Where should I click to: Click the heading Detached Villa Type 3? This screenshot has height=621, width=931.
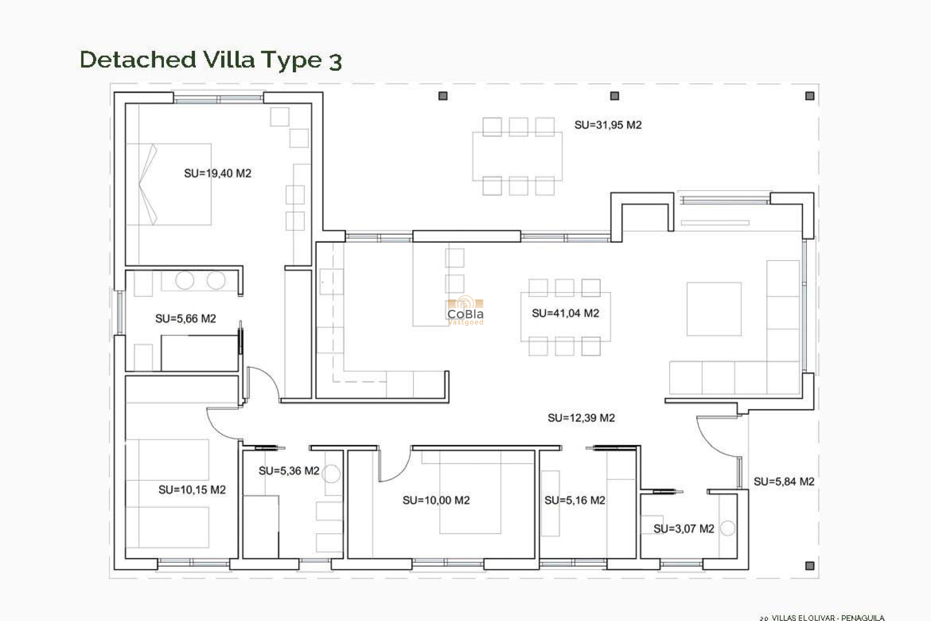[x=211, y=60]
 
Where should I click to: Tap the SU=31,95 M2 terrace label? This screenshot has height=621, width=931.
[x=608, y=125]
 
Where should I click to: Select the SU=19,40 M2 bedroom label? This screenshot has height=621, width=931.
[x=217, y=174]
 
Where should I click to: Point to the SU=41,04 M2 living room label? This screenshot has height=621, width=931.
[x=565, y=313]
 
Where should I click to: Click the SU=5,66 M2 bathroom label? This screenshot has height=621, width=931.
[x=185, y=319]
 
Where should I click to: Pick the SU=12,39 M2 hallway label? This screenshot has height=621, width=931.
[x=581, y=418]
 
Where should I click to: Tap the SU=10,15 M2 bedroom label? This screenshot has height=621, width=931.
[x=192, y=490]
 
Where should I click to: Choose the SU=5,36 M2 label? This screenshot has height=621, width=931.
[x=289, y=471]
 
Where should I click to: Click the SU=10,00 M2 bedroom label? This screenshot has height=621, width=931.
[x=436, y=501]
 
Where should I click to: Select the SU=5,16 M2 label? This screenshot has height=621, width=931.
[x=575, y=501]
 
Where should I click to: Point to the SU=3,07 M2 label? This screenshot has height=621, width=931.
[x=683, y=529]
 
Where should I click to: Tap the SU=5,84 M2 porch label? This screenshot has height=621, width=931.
[x=784, y=482]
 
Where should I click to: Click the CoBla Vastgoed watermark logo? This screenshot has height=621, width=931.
[x=465, y=311]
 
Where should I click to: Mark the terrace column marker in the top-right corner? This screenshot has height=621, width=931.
[x=809, y=96]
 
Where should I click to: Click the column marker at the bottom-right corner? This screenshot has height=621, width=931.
[x=809, y=566]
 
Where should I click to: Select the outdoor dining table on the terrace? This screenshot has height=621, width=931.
[x=517, y=156]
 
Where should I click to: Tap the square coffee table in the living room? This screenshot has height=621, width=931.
[x=714, y=309]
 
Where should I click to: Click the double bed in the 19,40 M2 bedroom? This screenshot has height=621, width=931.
[x=169, y=184]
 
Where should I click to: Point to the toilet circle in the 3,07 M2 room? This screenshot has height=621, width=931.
[x=727, y=528]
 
